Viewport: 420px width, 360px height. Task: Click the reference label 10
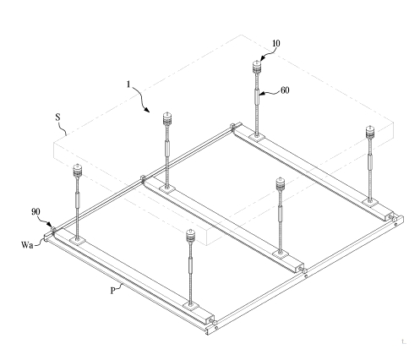point(276,43)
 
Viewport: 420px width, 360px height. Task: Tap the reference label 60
point(285,90)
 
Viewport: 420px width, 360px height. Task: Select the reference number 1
point(128,85)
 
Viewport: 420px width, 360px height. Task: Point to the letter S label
point(57,117)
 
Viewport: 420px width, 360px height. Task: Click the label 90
point(35,212)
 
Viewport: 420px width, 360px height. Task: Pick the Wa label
point(27,245)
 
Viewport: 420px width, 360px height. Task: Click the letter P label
point(112,291)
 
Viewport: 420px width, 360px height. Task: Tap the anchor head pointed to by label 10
point(257,67)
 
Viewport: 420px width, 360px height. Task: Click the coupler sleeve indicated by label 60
point(257,95)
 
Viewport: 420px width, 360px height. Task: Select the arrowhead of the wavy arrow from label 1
point(147,110)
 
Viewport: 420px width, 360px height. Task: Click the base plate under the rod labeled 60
point(257,137)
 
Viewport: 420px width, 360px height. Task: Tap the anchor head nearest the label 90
point(77,171)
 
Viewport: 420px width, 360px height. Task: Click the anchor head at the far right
point(370,132)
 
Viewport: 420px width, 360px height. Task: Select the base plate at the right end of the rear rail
point(370,202)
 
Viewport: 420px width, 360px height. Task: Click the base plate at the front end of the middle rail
point(280,254)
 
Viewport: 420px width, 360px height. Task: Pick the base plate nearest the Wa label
point(77,241)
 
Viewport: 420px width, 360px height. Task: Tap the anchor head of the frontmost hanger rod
point(191,236)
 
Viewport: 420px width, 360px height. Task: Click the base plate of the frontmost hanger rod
point(191,306)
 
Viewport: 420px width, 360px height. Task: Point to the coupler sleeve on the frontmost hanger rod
point(191,265)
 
